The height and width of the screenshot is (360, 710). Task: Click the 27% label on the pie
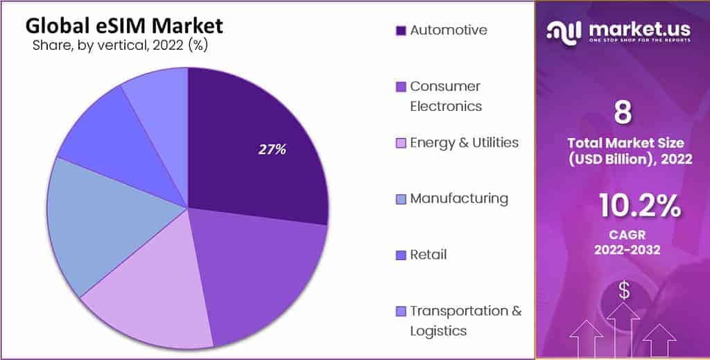272,149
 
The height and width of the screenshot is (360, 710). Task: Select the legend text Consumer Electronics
445,96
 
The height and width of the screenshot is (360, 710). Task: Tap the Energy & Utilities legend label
464,142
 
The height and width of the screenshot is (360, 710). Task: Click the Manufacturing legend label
458,198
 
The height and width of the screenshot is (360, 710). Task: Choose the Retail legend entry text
428,255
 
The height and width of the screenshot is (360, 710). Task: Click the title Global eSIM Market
125,26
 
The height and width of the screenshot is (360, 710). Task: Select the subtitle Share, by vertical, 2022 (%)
120,46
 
